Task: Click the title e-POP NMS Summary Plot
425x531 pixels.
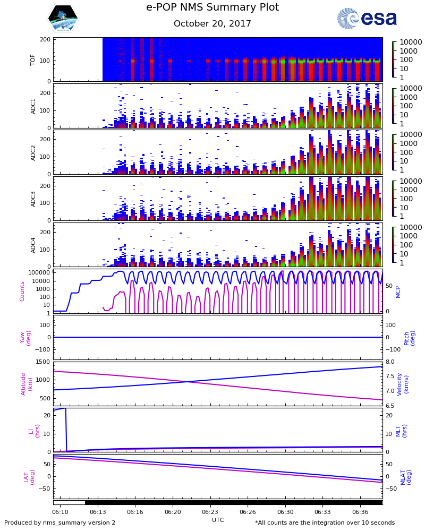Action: pyautogui.click(x=212, y=7)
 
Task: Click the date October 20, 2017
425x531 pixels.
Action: pyautogui.click(x=212, y=24)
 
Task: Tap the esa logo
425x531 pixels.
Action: pyautogui.click(x=367, y=18)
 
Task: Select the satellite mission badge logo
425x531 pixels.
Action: pyautogui.click(x=63, y=19)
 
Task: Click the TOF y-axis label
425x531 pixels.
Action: pyautogui.click(x=33, y=59)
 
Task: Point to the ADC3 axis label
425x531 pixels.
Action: pyautogui.click(x=33, y=198)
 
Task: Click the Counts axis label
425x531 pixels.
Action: pyautogui.click(x=22, y=291)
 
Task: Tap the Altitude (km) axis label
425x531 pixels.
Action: pyautogui.click(x=27, y=383)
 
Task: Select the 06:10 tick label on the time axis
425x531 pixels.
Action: pyautogui.click(x=60, y=512)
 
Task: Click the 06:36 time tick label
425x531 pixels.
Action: pyautogui.click(x=360, y=512)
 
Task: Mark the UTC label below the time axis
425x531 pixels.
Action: pyautogui.click(x=218, y=520)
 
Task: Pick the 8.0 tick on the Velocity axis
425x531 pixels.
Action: pyautogui.click(x=390, y=362)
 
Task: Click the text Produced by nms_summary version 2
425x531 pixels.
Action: pyautogui.click(x=59, y=523)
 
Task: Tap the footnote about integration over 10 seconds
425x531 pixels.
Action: pyautogui.click(x=325, y=523)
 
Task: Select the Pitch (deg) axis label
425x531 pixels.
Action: pyautogui.click(x=409, y=337)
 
